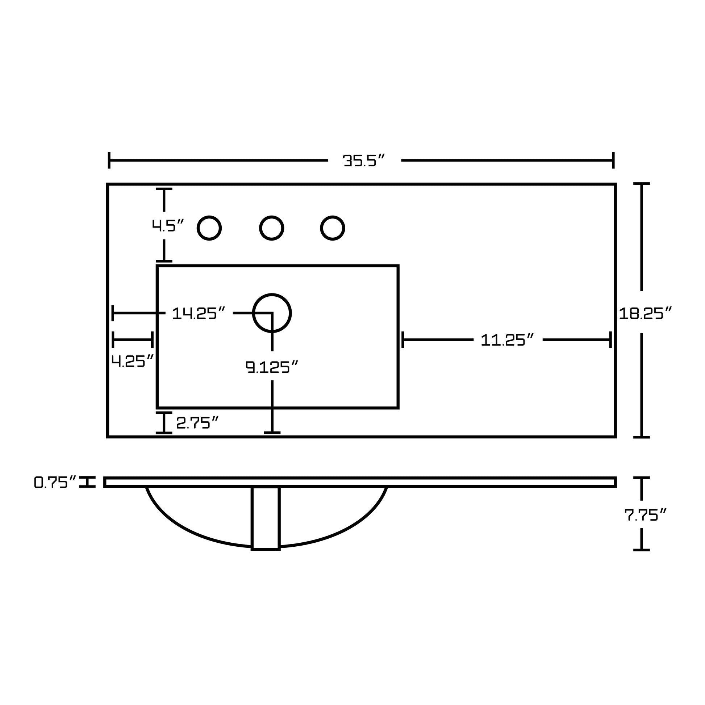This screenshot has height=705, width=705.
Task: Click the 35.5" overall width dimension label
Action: tap(364, 160)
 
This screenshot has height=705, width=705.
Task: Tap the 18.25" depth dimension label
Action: tap(645, 313)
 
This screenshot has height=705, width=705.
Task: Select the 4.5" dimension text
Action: tap(168, 225)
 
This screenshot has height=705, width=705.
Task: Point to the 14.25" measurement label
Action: tap(199, 313)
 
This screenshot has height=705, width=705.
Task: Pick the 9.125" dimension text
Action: tap(272, 367)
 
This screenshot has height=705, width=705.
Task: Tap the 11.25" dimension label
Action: tap(507, 340)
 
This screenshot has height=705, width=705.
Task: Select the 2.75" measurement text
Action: tap(197, 422)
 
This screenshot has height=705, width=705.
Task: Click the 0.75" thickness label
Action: tap(55, 482)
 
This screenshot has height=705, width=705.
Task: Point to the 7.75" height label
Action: tap(646, 515)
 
